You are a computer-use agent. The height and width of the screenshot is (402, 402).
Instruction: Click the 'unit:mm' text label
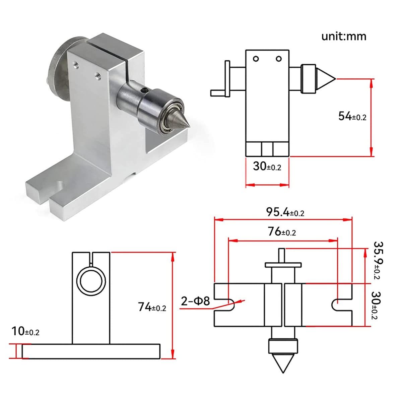tap(344, 36)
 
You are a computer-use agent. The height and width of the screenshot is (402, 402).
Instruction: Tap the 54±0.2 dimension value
tap(352, 116)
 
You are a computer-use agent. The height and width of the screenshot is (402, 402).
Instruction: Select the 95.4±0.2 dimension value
tap(285, 212)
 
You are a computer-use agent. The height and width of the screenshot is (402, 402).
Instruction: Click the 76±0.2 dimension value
tap(282, 231)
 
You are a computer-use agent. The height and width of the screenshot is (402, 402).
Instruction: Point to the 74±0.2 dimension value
tap(152, 307)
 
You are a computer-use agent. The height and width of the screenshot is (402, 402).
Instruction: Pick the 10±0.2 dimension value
tap(25, 331)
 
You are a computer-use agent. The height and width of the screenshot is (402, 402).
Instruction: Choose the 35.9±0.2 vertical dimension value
tap(378, 260)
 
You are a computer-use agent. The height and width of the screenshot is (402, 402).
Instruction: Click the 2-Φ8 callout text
tap(195, 301)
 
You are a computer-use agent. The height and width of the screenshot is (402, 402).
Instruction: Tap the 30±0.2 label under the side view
tap(267, 166)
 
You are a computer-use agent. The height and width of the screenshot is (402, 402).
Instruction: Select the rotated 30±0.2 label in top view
tap(378, 305)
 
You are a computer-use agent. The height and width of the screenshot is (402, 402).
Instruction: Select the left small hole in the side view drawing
tap(256, 59)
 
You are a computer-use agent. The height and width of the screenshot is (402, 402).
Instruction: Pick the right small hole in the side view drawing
tap(279, 59)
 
